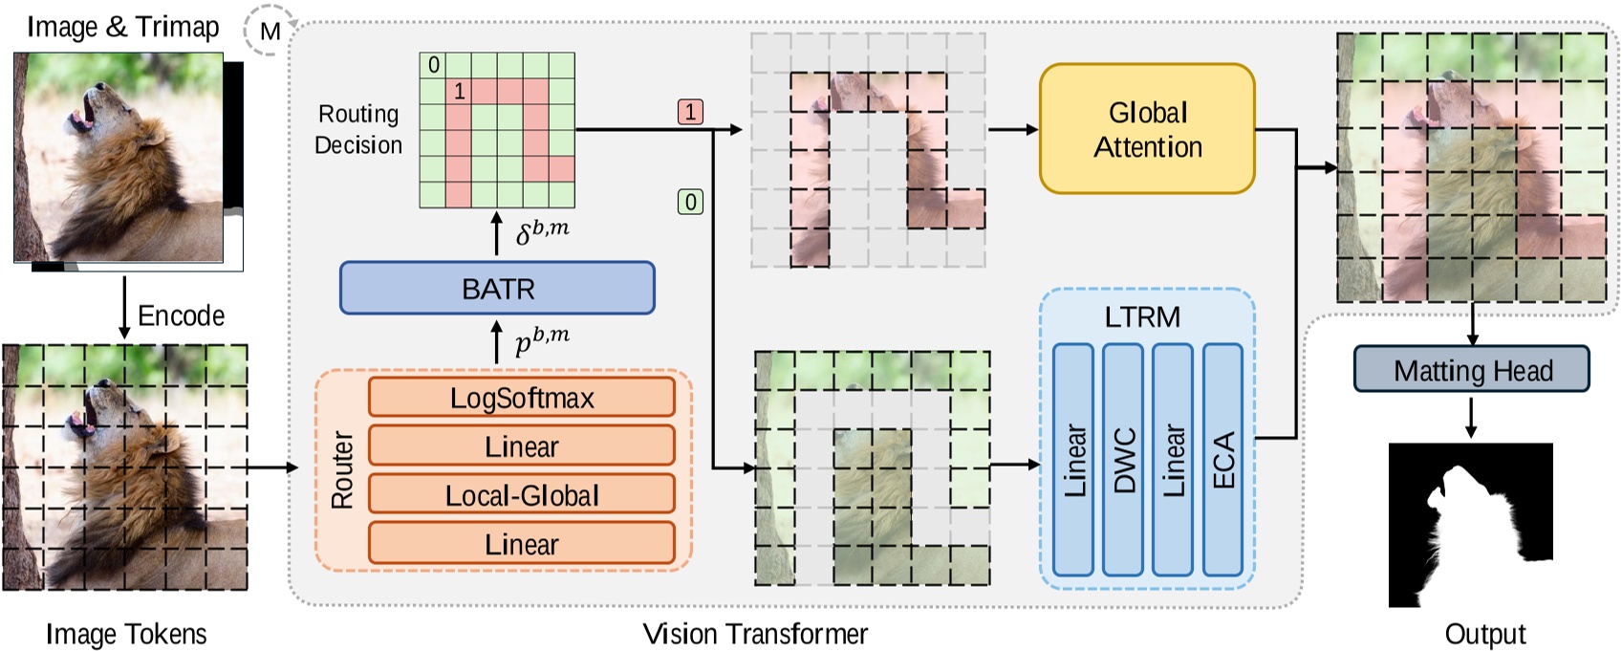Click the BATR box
point(497,288)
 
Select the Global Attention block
point(1146,129)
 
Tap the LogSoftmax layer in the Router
point(521,398)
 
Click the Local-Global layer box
point(521,495)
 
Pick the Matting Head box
point(1471,370)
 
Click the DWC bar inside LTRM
point(1122,460)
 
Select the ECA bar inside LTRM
point(1222,460)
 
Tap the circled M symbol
point(270,32)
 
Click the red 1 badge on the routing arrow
point(690,112)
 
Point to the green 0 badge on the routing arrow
point(690,202)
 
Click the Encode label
point(181,315)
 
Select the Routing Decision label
point(358,129)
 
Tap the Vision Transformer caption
point(755,634)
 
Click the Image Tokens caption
point(126,634)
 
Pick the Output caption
point(1484,634)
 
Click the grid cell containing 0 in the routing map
point(433,65)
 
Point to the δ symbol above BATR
point(525,234)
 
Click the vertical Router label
point(342,469)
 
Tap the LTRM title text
point(1142,316)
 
